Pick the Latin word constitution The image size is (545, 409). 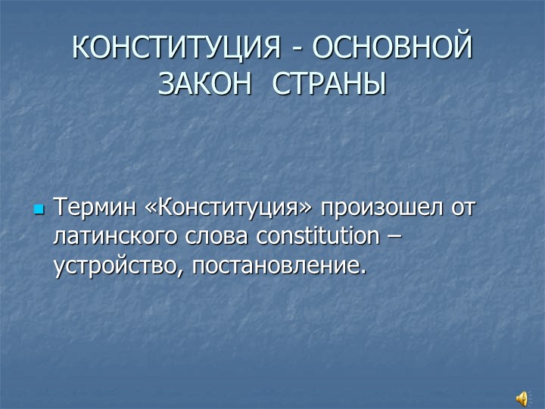point(316,236)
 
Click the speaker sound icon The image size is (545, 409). point(523,398)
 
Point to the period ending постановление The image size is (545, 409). point(362,270)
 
